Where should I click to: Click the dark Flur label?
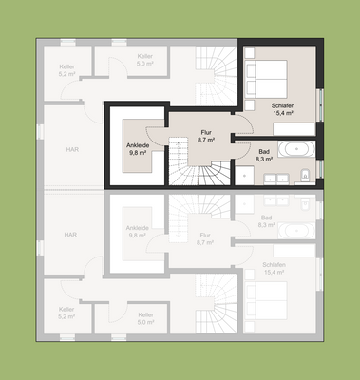point(205,132)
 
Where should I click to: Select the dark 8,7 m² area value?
point(205,141)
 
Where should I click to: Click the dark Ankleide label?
point(138,145)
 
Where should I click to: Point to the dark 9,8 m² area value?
point(138,154)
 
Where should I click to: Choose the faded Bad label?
point(265,218)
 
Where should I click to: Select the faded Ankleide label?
point(138,228)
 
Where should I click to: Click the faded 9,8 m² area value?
point(138,237)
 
